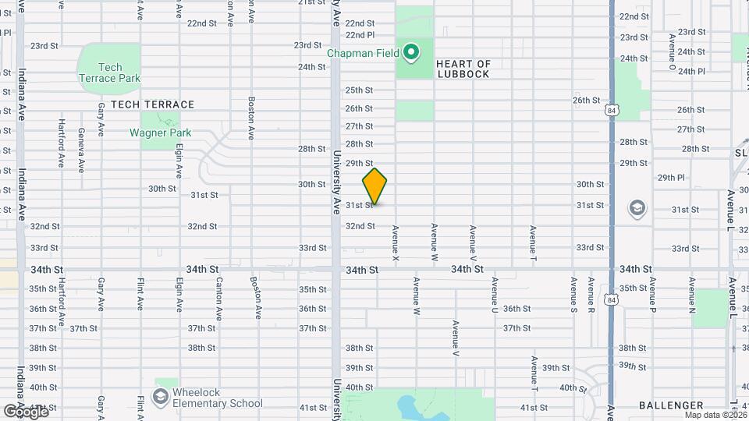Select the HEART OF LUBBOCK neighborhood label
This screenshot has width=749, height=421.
(x=463, y=69)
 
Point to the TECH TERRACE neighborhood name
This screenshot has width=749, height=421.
(x=152, y=104)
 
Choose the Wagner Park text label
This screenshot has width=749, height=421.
(x=160, y=133)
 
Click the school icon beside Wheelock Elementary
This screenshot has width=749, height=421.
(x=161, y=398)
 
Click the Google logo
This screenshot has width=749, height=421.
(x=25, y=411)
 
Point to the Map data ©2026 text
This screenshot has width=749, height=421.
(x=716, y=415)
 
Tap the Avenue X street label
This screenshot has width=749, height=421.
(x=396, y=242)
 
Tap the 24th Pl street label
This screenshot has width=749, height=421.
(x=691, y=71)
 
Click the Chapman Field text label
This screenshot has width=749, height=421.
(x=363, y=54)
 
